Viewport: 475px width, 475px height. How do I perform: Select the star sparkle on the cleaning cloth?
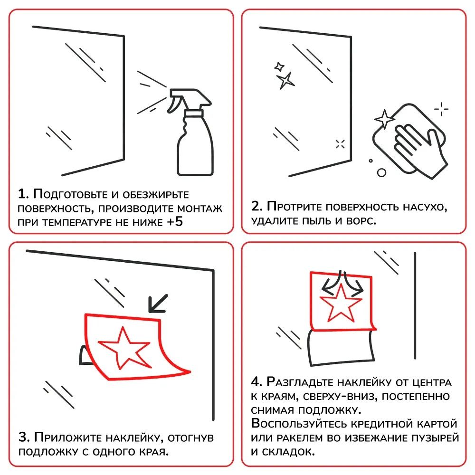(384, 119)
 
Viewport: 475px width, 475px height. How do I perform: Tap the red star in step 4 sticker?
(341, 303)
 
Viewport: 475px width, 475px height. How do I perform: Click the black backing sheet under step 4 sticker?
(341, 348)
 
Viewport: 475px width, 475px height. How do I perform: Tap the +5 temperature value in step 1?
(175, 222)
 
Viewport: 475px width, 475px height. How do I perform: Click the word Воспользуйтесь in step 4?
(299, 424)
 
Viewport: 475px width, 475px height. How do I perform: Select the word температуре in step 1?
(77, 223)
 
